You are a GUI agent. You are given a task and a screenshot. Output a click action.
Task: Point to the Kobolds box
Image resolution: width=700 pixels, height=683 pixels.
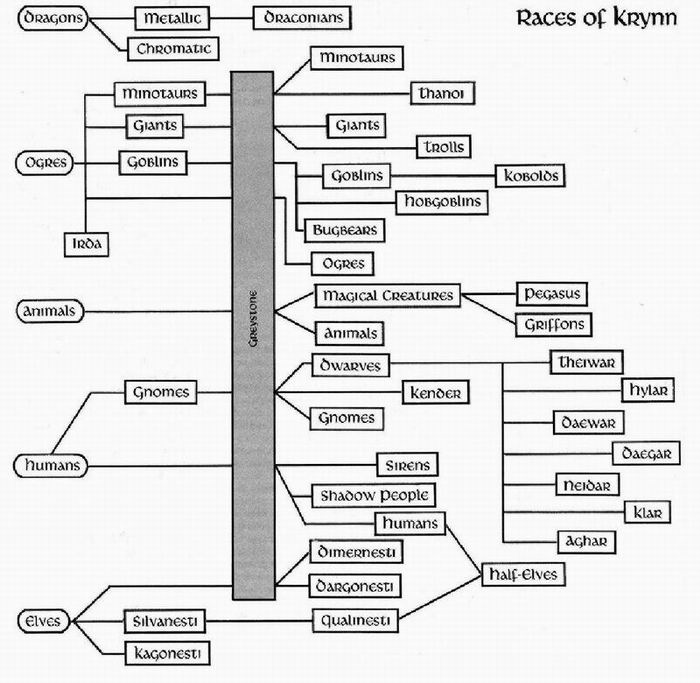click(x=529, y=176)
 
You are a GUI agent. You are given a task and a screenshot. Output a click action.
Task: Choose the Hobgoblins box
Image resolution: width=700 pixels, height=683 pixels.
click(x=441, y=202)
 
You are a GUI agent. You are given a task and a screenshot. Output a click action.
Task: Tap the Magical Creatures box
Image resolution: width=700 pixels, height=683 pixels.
click(x=387, y=296)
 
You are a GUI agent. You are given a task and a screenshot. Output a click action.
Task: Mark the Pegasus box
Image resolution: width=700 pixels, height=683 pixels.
click(x=550, y=295)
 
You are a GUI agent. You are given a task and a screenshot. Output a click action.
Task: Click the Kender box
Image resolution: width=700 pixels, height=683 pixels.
click(x=435, y=393)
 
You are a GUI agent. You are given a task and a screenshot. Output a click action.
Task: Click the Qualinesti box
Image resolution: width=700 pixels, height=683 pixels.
click(x=355, y=620)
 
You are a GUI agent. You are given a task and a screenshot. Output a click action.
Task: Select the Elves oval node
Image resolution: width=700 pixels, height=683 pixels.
click(x=39, y=621)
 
